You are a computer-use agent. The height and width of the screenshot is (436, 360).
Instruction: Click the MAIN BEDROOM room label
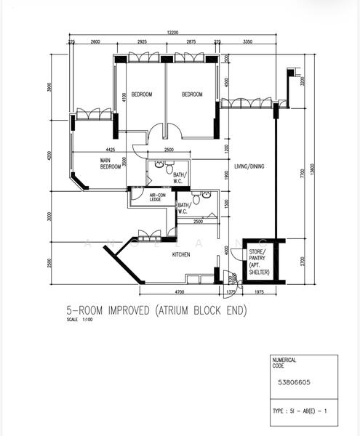[111, 163]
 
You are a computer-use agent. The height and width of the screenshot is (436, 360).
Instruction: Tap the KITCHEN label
[181, 255]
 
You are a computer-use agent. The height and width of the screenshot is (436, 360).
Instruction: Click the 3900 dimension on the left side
[49, 86]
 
